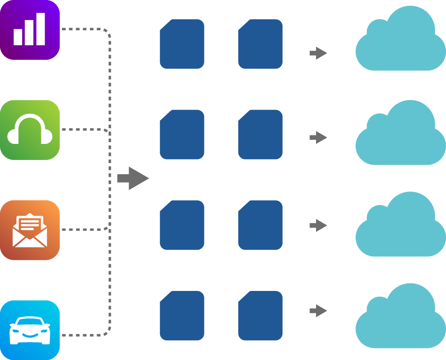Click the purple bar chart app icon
[x=30, y=30]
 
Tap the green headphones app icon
[x=30, y=130]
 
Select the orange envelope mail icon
[x=30, y=230]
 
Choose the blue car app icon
[x=30, y=330]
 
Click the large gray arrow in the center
[x=133, y=178]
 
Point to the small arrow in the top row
[x=318, y=53]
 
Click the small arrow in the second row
[x=318, y=137]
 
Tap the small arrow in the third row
[x=318, y=225]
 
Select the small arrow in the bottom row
[x=318, y=311]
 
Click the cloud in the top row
[x=401, y=42]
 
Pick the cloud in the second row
[x=401, y=136]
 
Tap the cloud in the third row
[x=401, y=227]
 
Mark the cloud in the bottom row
[x=401, y=319]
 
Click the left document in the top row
[x=182, y=44]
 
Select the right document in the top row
[x=260, y=44]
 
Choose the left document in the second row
[x=182, y=135]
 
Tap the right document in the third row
[x=260, y=225]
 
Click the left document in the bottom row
[x=182, y=315]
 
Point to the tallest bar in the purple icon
[x=41, y=29]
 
